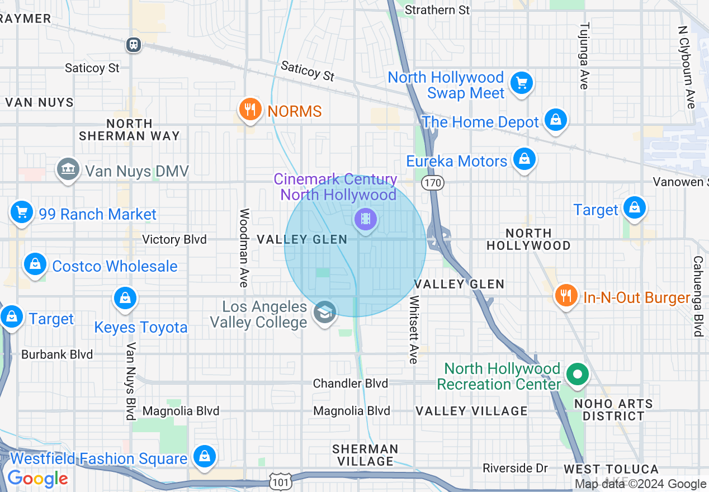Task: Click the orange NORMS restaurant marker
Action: pyautogui.click(x=250, y=110)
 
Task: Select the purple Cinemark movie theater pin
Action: pyautogui.click(x=366, y=219)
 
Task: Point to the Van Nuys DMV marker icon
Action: pyautogui.click(x=68, y=169)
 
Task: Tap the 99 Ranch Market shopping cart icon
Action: pyautogui.click(x=22, y=212)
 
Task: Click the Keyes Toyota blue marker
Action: pyautogui.click(x=125, y=299)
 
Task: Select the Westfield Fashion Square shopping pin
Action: pyautogui.click(x=205, y=456)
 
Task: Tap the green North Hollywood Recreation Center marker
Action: pyautogui.click(x=578, y=374)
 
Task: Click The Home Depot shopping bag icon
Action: pyautogui.click(x=556, y=120)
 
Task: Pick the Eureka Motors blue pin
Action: pyautogui.click(x=524, y=159)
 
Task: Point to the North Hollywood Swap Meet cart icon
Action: pyautogui.click(x=522, y=83)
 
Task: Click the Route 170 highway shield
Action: pyautogui.click(x=433, y=183)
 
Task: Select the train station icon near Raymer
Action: pyautogui.click(x=134, y=44)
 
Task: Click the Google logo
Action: pyautogui.click(x=37, y=479)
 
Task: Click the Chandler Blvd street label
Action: pyautogui.click(x=350, y=383)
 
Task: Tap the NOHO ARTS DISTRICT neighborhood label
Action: pyautogui.click(x=613, y=410)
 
